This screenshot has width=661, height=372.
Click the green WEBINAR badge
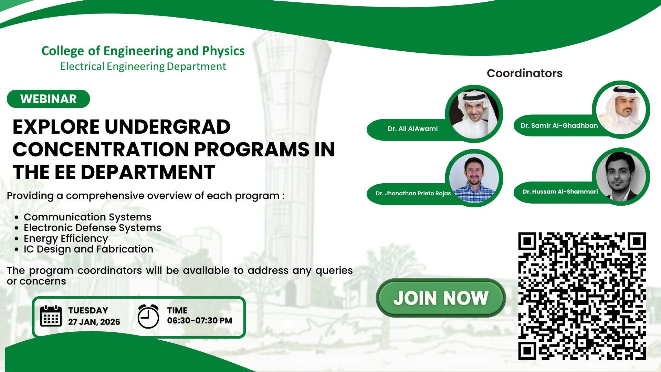[x=48, y=99]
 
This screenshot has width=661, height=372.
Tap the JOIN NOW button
[x=441, y=298]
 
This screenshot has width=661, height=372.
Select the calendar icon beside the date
[x=51, y=316]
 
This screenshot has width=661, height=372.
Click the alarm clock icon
[x=148, y=316]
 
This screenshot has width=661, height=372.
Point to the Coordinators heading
[x=524, y=73]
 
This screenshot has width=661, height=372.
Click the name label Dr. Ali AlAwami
[x=412, y=129]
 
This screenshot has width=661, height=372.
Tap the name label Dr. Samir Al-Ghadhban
[x=559, y=126]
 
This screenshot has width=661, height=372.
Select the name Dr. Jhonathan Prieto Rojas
[x=413, y=194]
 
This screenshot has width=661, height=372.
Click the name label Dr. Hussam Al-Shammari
[x=560, y=192]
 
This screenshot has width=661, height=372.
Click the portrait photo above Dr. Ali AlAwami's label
[x=474, y=114]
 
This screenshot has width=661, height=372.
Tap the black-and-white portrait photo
[x=621, y=177]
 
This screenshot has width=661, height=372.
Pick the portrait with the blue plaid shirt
[x=474, y=178]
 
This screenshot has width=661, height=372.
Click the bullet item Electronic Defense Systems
[x=92, y=228]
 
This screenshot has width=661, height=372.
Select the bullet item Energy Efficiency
[x=66, y=239]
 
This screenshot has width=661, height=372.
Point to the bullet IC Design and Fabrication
[x=88, y=249]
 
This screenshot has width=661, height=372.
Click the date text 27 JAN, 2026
[x=94, y=322]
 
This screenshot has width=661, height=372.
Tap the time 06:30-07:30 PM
[x=200, y=321]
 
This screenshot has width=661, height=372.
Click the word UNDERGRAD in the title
[x=167, y=127]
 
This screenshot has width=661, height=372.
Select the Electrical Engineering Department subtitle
[x=143, y=66]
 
